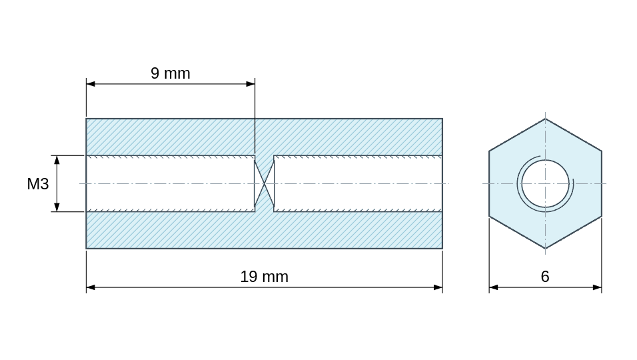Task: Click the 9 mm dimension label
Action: click(170, 73)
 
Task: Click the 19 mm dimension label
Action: click(264, 277)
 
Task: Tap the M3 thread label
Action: click(38, 184)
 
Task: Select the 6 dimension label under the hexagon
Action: click(545, 277)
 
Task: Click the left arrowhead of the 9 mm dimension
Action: click(91, 84)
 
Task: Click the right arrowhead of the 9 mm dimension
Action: click(251, 84)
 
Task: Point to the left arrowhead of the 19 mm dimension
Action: click(91, 288)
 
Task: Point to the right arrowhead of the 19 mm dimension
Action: click(438, 288)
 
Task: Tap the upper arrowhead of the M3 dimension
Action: click(57, 160)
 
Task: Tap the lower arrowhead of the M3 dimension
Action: click(57, 207)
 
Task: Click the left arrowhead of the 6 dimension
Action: click(494, 288)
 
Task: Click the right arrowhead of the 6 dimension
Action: click(597, 288)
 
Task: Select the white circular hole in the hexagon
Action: click(545, 183)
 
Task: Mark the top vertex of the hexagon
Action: click(545, 119)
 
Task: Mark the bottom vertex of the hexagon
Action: click(545, 248)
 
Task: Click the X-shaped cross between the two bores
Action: click(265, 183)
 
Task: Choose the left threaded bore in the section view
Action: click(171, 183)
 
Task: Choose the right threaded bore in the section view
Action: click(358, 183)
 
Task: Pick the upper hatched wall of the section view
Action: click(264, 137)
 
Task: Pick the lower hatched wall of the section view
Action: click(264, 230)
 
